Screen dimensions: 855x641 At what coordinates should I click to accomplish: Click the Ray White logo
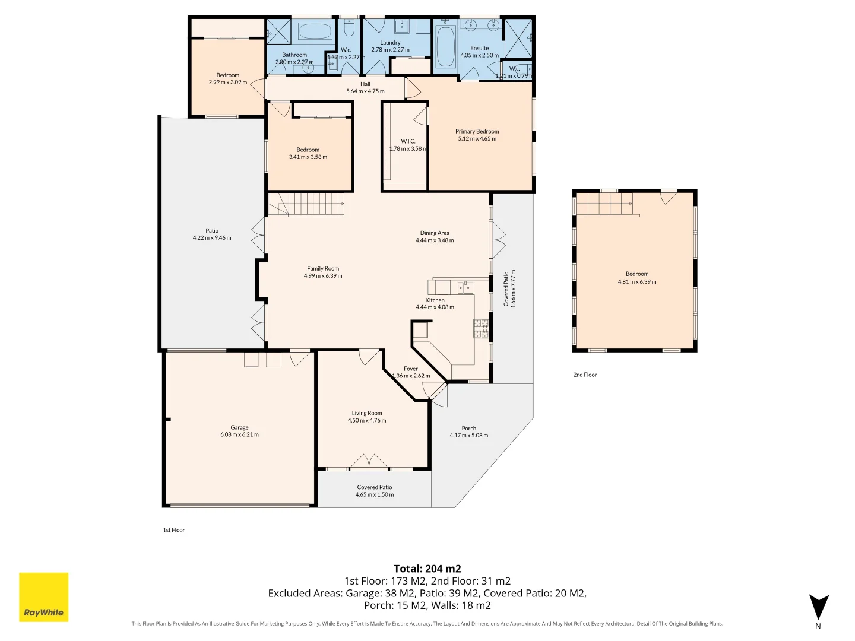point(43,596)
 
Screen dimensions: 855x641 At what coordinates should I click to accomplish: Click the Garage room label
point(239,427)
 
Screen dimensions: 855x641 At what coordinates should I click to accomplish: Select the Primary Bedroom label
point(477,131)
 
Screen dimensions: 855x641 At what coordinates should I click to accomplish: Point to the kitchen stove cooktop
point(481,328)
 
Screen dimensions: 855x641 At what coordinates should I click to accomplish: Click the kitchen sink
point(465,288)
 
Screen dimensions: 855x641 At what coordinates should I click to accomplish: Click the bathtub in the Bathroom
point(315,31)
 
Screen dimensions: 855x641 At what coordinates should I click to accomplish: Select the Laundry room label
point(390,42)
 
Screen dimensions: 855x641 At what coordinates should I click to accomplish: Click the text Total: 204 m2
point(427,569)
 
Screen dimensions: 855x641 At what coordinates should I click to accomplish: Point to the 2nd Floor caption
point(585,375)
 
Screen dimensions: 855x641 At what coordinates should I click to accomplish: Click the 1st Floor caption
point(174,529)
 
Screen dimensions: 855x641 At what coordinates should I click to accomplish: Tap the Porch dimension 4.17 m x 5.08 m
point(468,435)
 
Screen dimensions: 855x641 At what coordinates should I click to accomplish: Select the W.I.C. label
point(408,141)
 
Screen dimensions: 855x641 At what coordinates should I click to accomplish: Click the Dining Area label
point(434,233)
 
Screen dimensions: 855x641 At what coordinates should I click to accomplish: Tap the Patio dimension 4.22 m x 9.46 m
point(212,238)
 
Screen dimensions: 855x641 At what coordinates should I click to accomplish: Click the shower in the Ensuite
point(518,38)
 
